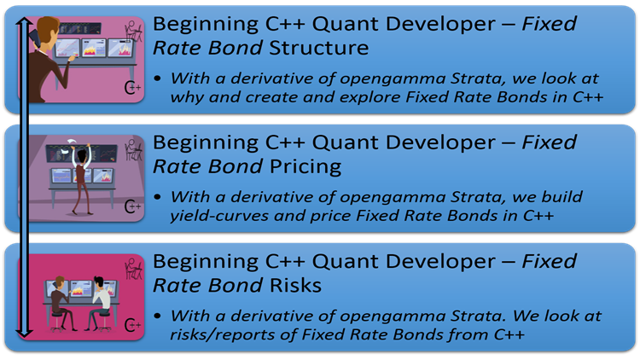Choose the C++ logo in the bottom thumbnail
click(x=132, y=325)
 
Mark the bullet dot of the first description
click(x=159, y=78)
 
